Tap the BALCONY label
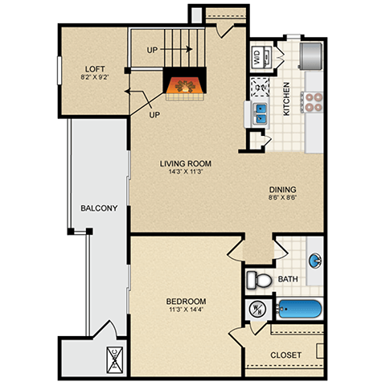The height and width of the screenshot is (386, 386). pyautogui.click(x=99, y=208)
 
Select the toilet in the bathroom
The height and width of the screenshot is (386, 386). pyautogui.click(x=258, y=279)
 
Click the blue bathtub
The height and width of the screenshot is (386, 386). pyautogui.click(x=299, y=309)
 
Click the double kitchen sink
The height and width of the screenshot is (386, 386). pyautogui.click(x=261, y=113)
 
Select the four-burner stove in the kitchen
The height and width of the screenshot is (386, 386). pyautogui.click(x=312, y=101)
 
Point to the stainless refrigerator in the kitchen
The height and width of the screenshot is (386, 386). pyautogui.click(x=312, y=53)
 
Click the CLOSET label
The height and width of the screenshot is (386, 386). pyautogui.click(x=285, y=355)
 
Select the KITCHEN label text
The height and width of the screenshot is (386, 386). pyautogui.click(x=286, y=99)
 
